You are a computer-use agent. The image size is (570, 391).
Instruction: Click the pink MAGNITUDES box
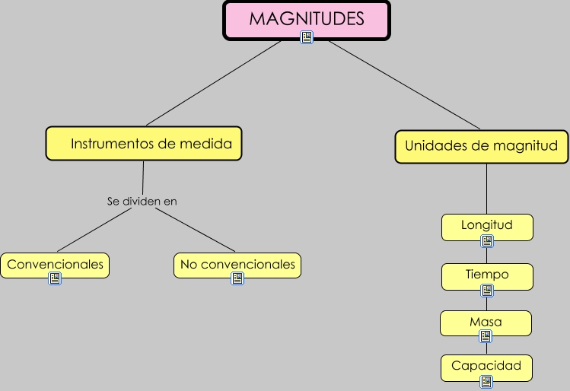click(306, 18)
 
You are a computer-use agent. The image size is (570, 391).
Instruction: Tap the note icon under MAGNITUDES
click(307, 37)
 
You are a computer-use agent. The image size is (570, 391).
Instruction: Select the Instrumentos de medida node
click(144, 143)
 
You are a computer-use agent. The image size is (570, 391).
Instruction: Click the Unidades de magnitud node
click(481, 146)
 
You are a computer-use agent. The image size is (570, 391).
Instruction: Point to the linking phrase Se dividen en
click(142, 202)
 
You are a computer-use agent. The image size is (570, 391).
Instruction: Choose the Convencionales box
click(54, 265)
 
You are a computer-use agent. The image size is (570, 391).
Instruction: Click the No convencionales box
click(237, 265)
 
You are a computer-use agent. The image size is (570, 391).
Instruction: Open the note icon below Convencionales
click(55, 278)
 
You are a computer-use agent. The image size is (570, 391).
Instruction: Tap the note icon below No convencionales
click(237, 278)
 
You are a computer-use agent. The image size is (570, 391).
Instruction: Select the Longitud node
click(487, 225)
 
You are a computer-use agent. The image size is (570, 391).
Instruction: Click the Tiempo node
click(487, 275)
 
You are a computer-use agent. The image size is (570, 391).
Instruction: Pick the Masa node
click(486, 322)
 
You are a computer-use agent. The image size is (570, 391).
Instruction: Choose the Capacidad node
click(486, 366)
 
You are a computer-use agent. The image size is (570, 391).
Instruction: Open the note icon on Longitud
click(487, 241)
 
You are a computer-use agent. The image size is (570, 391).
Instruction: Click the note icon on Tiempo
click(487, 291)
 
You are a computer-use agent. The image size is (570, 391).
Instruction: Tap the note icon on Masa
click(486, 336)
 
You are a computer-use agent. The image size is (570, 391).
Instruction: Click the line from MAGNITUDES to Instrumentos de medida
click(213, 84)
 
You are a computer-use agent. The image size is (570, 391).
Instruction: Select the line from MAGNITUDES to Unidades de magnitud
click(403, 84)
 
